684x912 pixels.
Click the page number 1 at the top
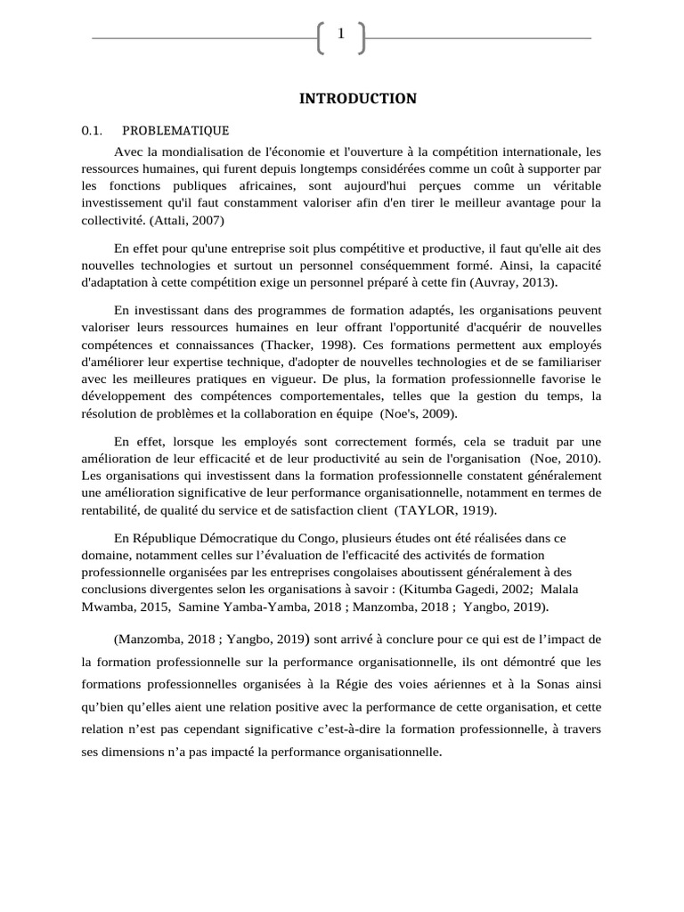click(341, 35)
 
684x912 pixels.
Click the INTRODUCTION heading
click(357, 99)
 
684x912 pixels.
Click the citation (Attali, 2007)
click(191, 220)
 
